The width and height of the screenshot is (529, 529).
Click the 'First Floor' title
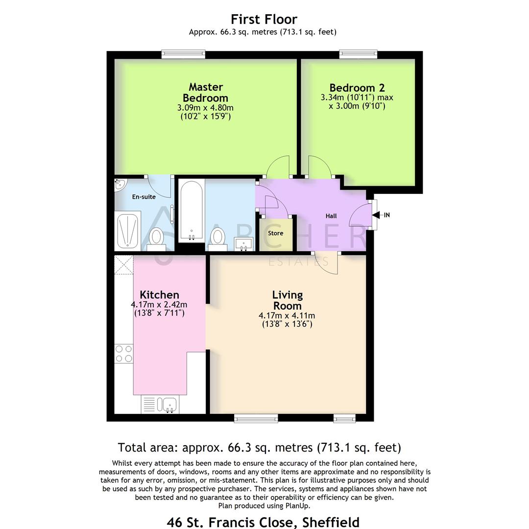click(264, 19)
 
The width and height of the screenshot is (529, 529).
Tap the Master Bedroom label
click(206, 92)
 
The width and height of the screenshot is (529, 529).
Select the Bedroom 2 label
click(357, 88)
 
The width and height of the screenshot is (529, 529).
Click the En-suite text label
click(144, 197)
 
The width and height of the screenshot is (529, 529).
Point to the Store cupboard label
click(275, 233)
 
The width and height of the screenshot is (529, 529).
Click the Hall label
click(331, 216)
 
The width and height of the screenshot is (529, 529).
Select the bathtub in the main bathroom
click(191, 211)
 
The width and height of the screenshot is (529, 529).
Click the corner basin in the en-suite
click(119, 185)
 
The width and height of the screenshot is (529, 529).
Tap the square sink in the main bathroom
click(242, 243)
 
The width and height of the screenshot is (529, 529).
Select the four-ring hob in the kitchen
click(123, 354)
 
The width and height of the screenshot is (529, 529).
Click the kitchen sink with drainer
click(160, 404)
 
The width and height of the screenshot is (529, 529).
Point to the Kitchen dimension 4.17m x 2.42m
click(159, 304)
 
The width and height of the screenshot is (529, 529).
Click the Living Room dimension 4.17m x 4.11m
click(287, 315)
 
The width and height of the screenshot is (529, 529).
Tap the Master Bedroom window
click(183, 54)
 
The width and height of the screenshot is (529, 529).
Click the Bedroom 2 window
click(359, 54)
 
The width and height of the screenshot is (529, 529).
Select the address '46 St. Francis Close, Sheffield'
click(264, 522)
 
